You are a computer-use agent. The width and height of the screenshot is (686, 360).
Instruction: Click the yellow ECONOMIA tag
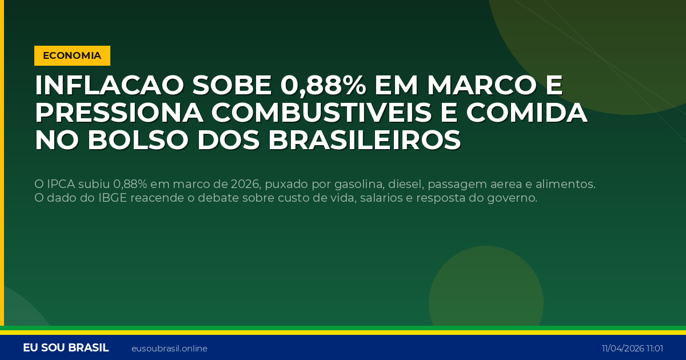point(72,55)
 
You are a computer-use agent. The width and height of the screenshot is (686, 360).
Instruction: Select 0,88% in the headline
point(323,86)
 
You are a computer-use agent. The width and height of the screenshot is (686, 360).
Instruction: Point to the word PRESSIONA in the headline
point(118,113)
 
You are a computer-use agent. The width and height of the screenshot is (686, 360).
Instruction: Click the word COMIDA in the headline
point(527,113)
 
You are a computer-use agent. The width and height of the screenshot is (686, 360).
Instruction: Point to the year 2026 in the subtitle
point(245,184)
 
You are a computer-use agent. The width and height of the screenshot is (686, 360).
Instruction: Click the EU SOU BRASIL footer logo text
point(66,348)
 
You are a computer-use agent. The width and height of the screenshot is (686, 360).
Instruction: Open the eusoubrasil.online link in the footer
point(169,349)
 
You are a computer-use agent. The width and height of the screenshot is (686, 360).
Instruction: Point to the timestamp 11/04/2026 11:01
point(632,349)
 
